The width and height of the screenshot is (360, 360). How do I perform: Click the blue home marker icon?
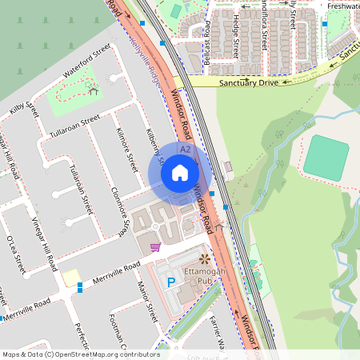coord(180,172)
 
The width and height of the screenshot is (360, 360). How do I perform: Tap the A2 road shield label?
coord(185,150)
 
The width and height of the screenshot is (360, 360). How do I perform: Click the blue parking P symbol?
coord(170,282)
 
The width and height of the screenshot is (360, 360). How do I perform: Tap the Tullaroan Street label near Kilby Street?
coord(74,125)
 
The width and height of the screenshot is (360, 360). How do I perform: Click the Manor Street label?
coord(146,302)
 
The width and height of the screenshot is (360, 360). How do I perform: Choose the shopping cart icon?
coord(155,246)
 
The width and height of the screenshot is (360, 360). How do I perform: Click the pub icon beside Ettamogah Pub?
coord(203,258)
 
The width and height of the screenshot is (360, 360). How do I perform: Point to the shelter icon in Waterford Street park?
coord(94,90)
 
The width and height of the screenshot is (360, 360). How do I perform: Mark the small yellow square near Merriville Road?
coord(72,276)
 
